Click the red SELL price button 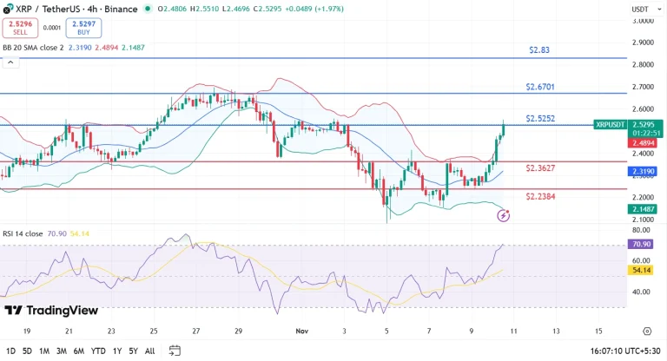[x=18, y=27]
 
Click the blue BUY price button [x=77, y=27]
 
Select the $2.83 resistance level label [x=539, y=50]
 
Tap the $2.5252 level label [x=540, y=118]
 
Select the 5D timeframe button [x=27, y=351]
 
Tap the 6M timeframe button [x=78, y=351]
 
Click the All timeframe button [x=150, y=351]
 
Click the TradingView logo [x=51, y=311]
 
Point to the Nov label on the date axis [x=301, y=331]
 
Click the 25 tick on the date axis [x=154, y=331]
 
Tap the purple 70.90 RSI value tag [x=643, y=245]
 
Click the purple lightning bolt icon [x=503, y=215]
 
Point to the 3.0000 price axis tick [x=644, y=19]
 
